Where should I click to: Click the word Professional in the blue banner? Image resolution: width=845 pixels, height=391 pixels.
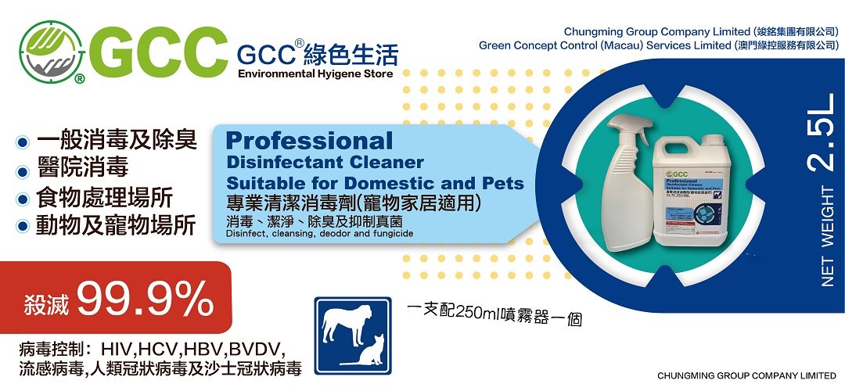(x=309, y=142)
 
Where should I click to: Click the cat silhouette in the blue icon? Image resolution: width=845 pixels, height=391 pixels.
(x=372, y=353)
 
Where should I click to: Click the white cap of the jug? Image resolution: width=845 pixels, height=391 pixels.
(x=711, y=141)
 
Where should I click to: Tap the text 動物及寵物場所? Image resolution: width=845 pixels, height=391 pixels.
(x=116, y=225)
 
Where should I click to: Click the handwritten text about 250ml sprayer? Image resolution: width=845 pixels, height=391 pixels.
(x=497, y=313)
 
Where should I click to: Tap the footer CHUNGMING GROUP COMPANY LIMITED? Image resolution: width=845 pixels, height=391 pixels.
(x=746, y=375)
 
